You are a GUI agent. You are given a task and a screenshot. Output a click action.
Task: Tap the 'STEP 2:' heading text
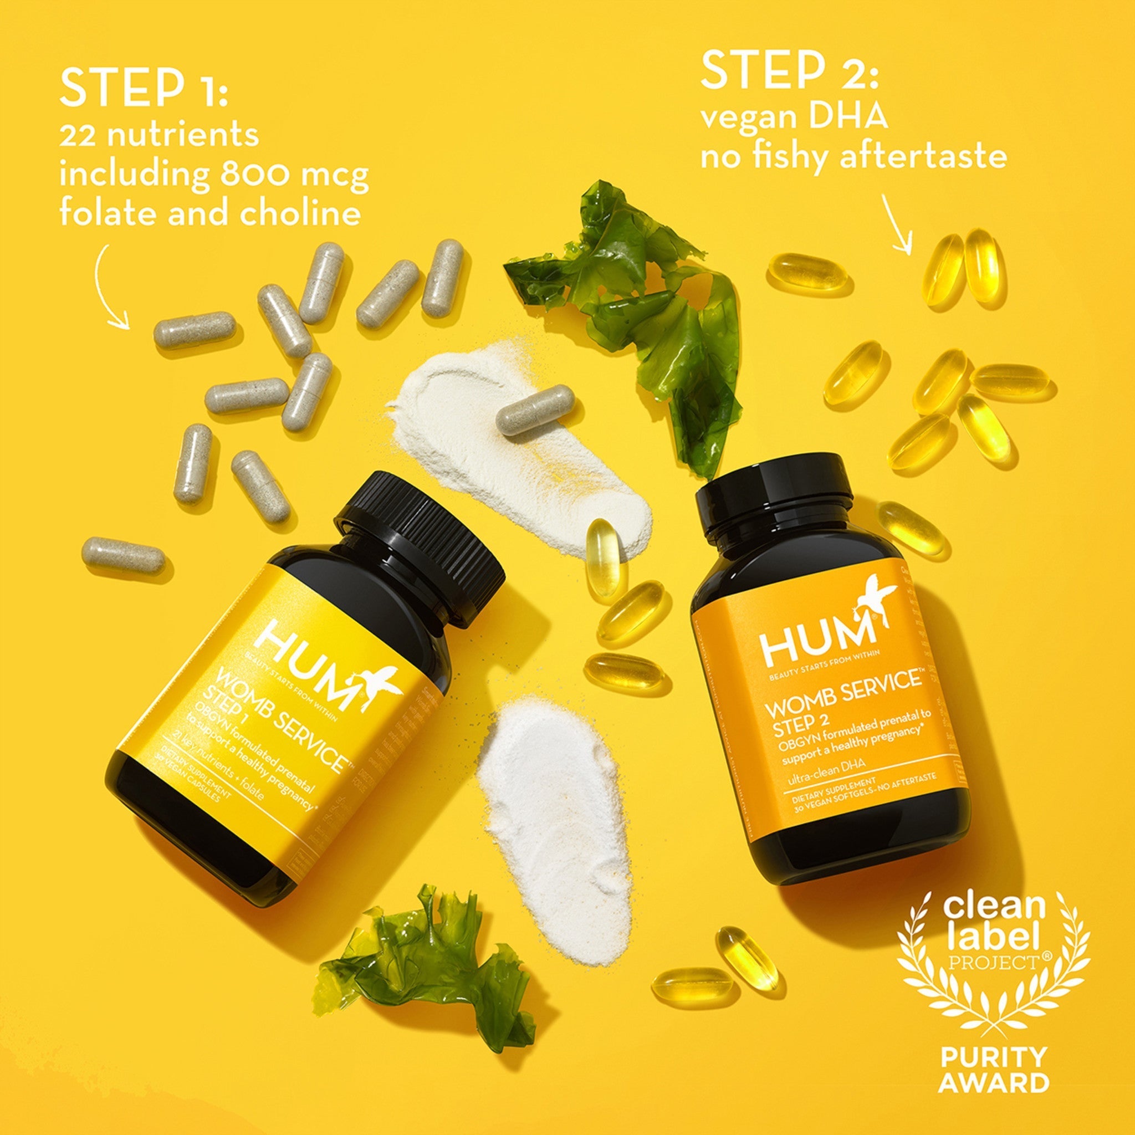coord(789,71)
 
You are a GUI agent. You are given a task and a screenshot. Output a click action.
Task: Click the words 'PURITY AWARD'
coord(994,1070)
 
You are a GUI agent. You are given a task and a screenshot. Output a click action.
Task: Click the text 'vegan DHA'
coord(794,117)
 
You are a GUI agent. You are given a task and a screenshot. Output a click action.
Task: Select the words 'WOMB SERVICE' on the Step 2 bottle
coord(842,694)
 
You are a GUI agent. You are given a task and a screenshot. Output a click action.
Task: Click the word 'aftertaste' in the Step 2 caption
coord(923,156)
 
